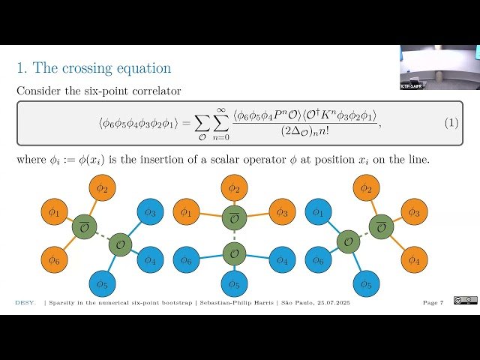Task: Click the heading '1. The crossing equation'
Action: pos(94,68)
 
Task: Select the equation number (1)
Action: pos(451,122)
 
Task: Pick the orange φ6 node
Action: pos(53,259)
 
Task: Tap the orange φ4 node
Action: pos(413,259)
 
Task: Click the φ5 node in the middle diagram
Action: pos(234,283)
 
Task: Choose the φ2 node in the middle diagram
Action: pos(234,188)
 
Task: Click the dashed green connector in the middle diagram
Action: pos(234,235)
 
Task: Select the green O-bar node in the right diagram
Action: pos(382,226)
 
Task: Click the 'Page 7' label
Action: pos(433,302)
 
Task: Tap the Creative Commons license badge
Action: pos(465,301)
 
